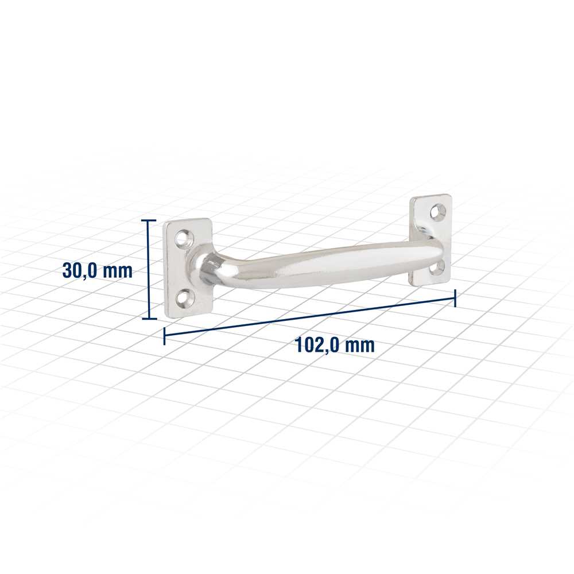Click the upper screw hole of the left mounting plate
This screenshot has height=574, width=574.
[183, 238]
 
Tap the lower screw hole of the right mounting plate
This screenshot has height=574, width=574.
[437, 268]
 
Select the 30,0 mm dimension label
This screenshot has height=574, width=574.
[98, 270]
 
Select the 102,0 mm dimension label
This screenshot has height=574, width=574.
[335, 345]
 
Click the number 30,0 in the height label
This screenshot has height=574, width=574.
[79, 271]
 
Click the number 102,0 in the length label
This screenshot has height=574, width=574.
[317, 345]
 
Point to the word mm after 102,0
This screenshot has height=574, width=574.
[360, 346]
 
